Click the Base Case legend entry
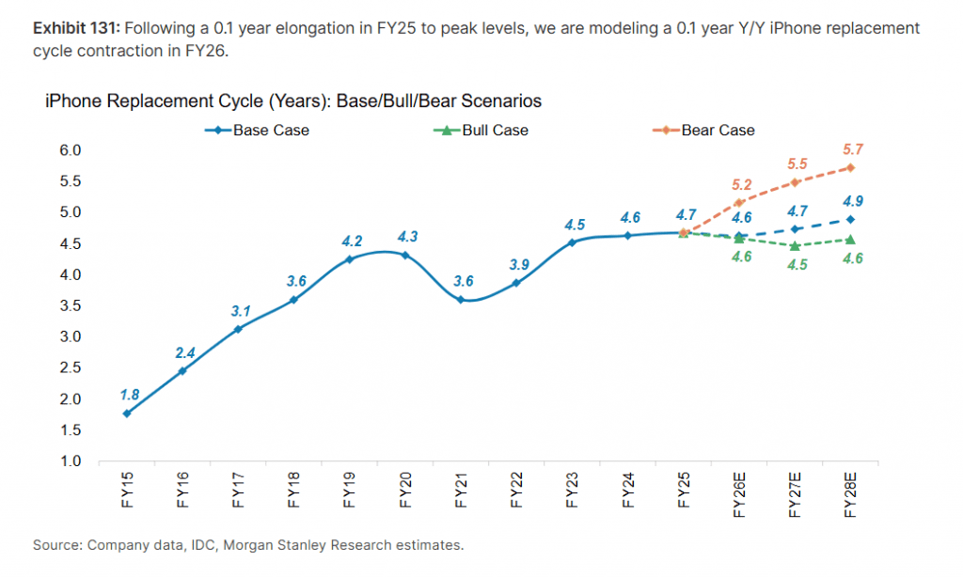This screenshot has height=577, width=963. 271,131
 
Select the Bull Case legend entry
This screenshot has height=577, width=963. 495,131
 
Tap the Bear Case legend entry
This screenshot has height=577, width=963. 718,131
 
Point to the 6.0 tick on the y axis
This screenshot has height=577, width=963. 72,150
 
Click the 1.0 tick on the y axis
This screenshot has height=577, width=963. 72,461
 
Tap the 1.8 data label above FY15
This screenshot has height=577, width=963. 130,394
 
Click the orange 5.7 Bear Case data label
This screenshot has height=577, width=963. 853,149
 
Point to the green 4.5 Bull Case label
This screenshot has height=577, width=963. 797,264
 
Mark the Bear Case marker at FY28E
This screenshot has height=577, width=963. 850,168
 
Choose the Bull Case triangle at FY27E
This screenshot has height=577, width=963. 796,246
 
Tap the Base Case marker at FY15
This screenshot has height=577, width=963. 127,413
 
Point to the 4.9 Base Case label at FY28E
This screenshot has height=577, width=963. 853,200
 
